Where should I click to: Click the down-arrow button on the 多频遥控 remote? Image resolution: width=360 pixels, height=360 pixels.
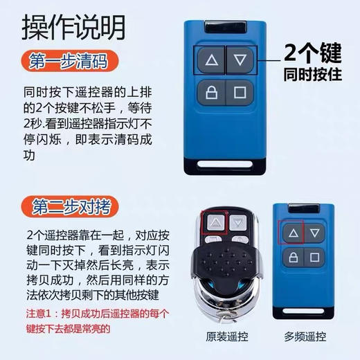pos(316,233)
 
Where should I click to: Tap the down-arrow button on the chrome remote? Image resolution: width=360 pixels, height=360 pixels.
pos(237,223)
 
